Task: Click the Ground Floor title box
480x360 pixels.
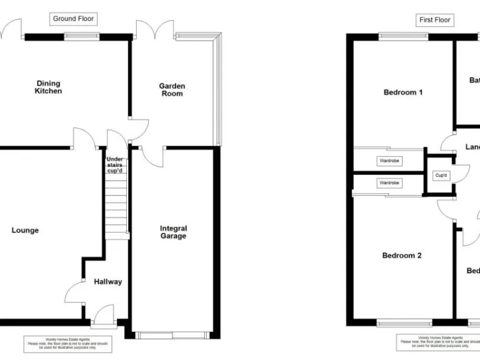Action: pos(73,19)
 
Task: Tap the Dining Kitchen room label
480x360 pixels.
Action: pos(48,87)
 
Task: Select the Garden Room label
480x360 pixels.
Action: pos(172,89)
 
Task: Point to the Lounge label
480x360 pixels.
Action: pos(25,230)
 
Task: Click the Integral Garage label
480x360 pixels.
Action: pos(172,232)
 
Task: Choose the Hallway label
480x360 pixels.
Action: pos(108,282)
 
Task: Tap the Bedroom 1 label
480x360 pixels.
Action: pos(402,92)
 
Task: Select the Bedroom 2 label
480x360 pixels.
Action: pos(402,256)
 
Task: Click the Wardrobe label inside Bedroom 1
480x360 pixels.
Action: pos(389,161)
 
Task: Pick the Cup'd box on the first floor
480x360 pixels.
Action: pos(441,176)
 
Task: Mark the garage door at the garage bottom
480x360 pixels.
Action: pos(172,336)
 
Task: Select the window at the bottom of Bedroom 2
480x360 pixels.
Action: pos(404,323)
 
